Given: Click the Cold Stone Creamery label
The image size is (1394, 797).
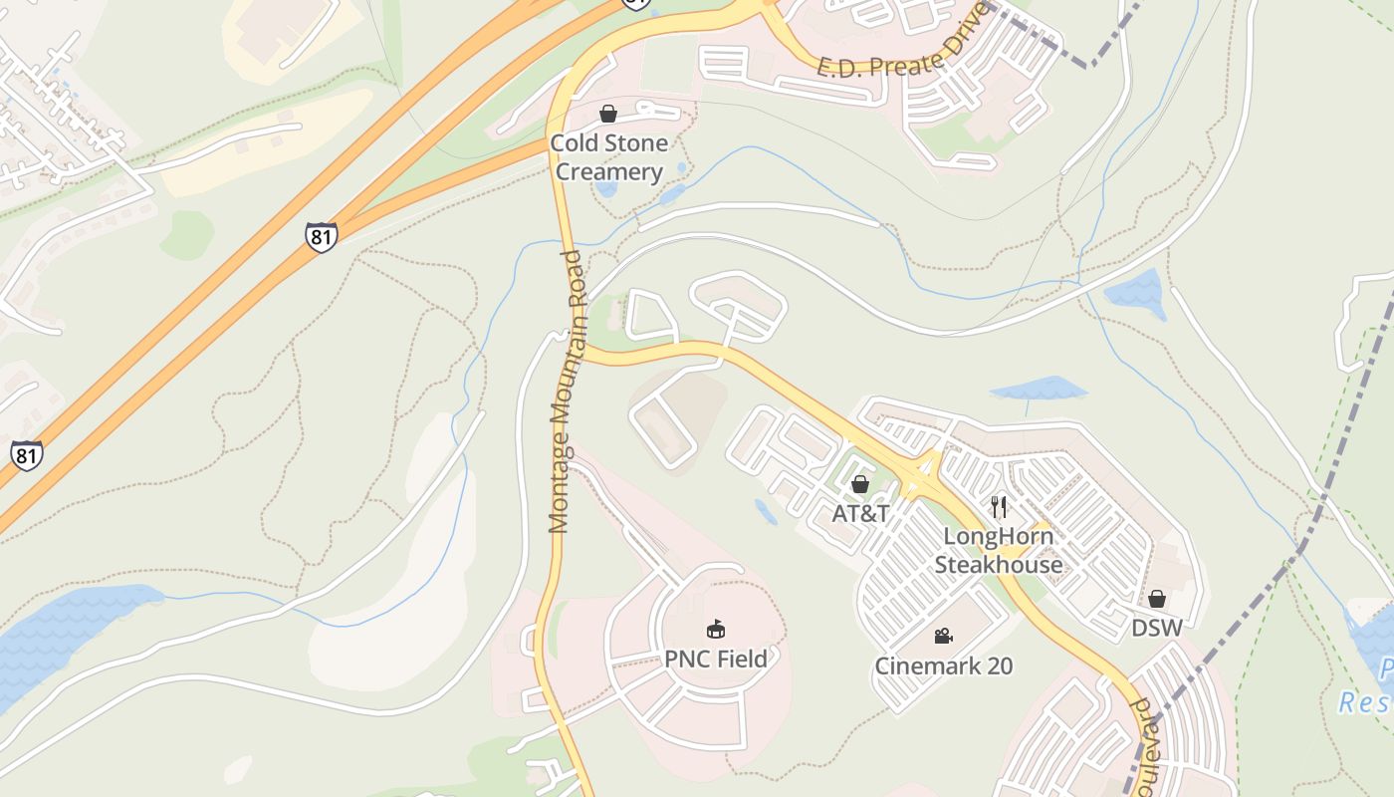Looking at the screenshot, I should [608, 157].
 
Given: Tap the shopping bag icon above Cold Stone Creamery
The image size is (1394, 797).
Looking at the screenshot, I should [608, 114].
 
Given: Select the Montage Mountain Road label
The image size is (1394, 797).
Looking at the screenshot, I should [567, 391].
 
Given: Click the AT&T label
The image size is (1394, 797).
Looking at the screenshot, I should [860, 514].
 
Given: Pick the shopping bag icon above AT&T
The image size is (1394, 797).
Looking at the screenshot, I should [860, 484].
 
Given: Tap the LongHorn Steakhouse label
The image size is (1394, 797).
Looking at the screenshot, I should [998, 550].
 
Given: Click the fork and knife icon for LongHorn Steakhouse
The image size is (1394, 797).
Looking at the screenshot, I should [999, 507].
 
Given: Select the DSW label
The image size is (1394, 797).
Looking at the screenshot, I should [1157, 628].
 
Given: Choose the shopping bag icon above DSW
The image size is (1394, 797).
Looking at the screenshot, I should [1157, 599].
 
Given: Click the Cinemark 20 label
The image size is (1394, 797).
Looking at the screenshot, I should [943, 665].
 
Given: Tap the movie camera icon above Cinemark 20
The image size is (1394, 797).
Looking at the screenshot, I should [943, 636].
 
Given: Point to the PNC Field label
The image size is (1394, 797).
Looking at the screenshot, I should [716, 659].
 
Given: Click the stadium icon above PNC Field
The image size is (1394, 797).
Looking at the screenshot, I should [716, 629].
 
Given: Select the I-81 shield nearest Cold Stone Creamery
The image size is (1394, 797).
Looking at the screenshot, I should [321, 237].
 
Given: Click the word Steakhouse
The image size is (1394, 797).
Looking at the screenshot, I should [998, 565].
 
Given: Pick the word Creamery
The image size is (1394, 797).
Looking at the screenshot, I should [608, 171].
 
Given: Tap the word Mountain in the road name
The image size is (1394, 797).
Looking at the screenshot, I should [566, 394].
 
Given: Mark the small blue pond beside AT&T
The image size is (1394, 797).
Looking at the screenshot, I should [766, 512].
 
